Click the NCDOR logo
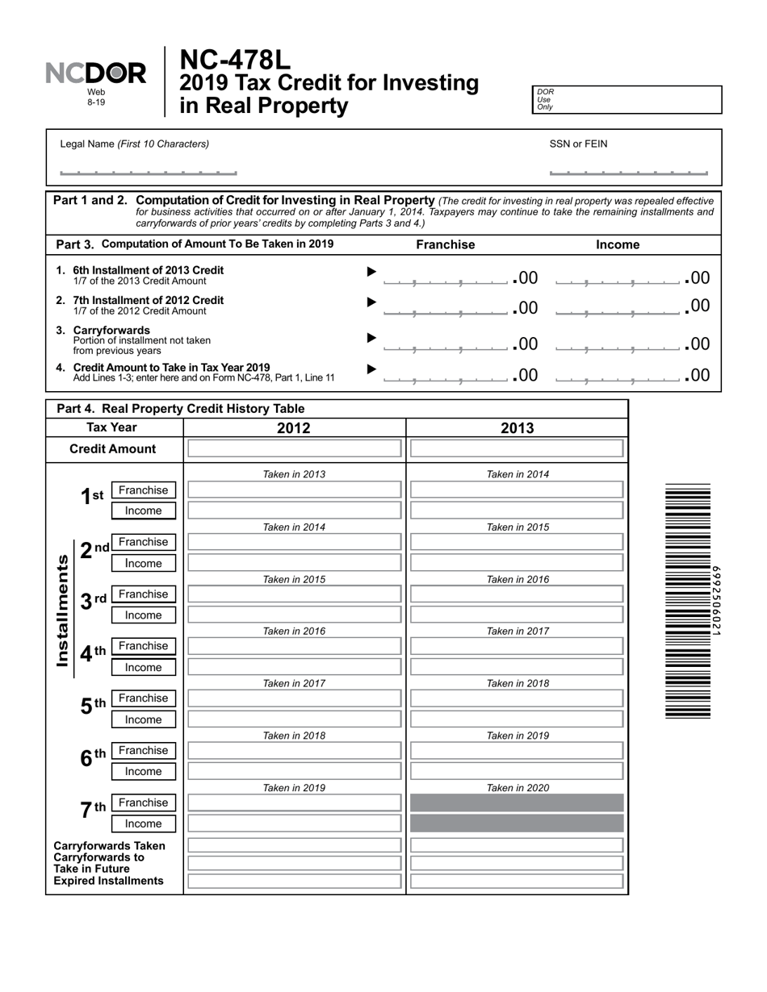click(x=96, y=74)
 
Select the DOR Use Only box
click(x=627, y=99)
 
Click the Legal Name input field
click(x=149, y=170)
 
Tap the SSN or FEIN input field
click(x=628, y=170)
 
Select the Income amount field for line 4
click(x=618, y=376)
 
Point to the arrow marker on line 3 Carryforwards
click(x=371, y=338)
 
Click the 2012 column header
click(x=294, y=428)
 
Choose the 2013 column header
click(x=517, y=428)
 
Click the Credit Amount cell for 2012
click(x=294, y=449)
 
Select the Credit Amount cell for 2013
click(x=517, y=449)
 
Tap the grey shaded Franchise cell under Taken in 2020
click(x=517, y=803)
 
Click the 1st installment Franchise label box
click(x=143, y=490)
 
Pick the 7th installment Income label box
click(x=143, y=823)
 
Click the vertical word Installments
click(x=62, y=611)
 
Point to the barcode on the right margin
click(x=688, y=601)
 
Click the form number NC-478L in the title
click(x=234, y=60)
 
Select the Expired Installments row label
click(x=108, y=881)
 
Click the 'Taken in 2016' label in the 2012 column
click(x=294, y=631)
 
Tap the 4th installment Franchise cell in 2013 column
click(x=517, y=646)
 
